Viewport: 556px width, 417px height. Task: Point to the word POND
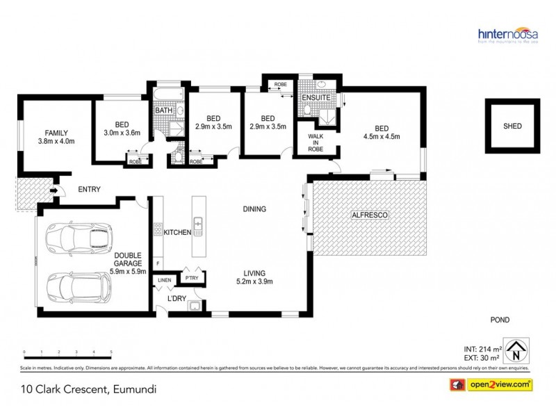tap(500, 320)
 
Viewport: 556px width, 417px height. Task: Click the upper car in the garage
tap(77, 238)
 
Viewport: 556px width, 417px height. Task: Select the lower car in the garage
tap(77, 286)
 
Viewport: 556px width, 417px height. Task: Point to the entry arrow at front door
tap(54, 188)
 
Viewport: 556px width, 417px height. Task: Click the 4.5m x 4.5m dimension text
tap(382, 136)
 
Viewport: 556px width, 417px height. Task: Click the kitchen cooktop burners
tap(158, 231)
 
